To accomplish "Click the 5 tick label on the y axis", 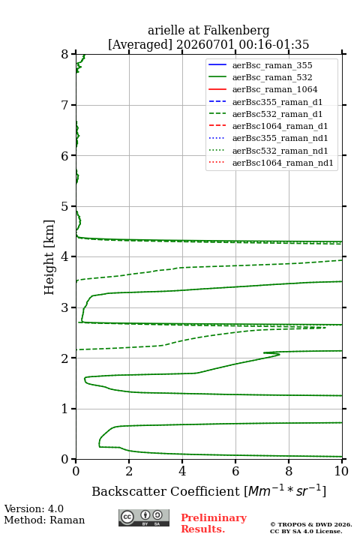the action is pyautogui.click(x=64, y=207).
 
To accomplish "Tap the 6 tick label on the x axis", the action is pyautogui.click(x=235, y=471).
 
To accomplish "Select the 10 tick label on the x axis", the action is pyautogui.click(x=341, y=471).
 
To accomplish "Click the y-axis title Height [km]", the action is pyautogui.click(x=49, y=257).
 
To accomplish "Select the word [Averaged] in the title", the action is pyautogui.click(x=140, y=45).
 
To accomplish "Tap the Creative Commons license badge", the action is pyautogui.click(x=144, y=517).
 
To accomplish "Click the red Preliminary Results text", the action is pyautogui.click(x=214, y=523).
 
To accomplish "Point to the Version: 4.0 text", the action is pyautogui.click(x=34, y=509).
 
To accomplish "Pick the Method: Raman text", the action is pyautogui.click(x=44, y=520).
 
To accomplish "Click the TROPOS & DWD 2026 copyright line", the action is pyautogui.click(x=311, y=524).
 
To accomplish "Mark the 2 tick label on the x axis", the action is pyautogui.click(x=129, y=471).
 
